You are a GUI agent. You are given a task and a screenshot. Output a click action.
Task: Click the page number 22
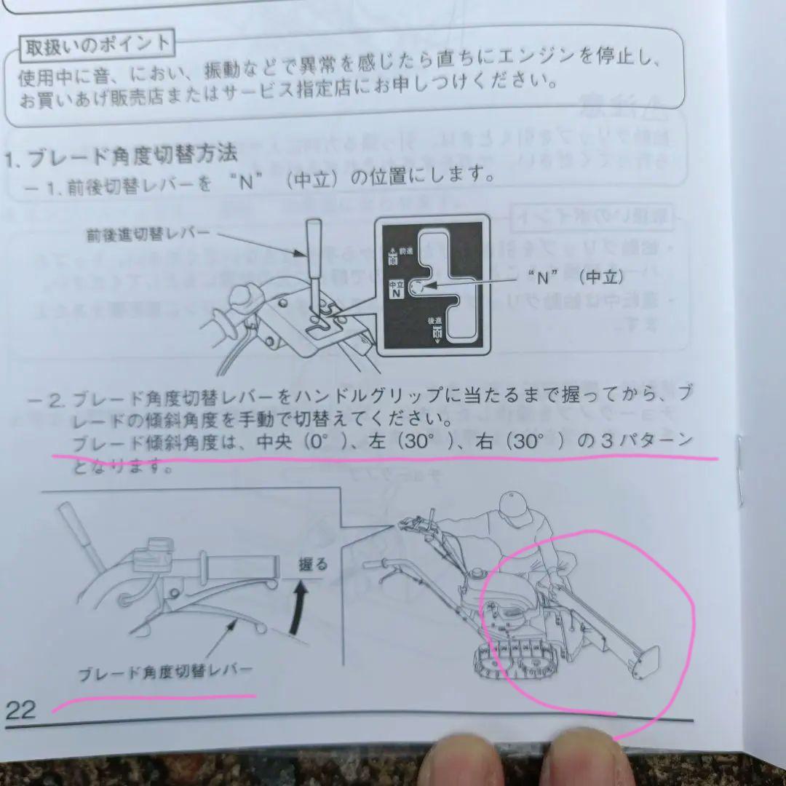20,709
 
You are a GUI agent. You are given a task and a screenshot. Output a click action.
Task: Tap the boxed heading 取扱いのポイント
97,45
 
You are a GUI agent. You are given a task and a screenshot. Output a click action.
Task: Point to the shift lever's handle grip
314,247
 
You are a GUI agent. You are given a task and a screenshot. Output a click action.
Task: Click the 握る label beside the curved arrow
313,563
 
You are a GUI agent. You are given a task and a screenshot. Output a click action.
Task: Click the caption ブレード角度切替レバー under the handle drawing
166,670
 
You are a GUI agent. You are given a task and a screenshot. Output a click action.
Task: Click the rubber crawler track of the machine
509,659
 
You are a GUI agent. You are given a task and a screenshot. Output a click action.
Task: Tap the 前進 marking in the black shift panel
394,253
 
